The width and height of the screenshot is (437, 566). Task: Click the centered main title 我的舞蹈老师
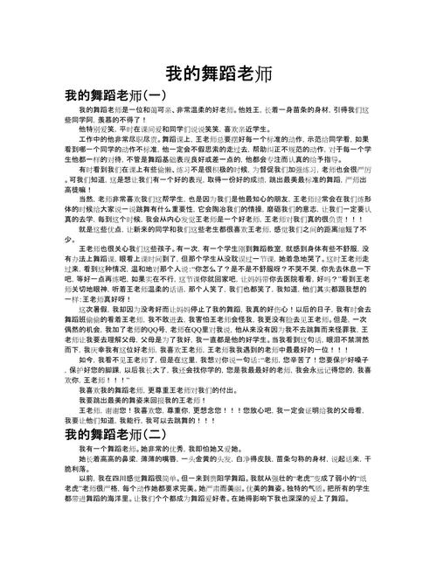coord(218,73)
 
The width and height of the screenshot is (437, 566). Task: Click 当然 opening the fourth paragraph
coord(85,199)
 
